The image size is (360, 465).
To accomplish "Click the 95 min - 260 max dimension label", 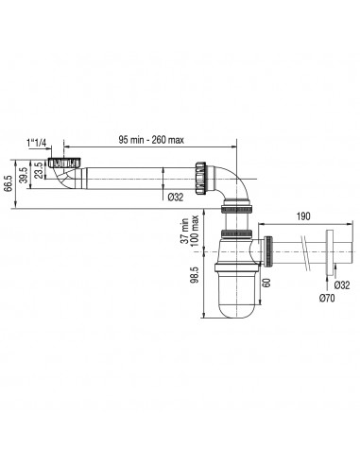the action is pyautogui.click(x=151, y=140).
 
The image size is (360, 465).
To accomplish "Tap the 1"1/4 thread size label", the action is pyautogui.click(x=36, y=143).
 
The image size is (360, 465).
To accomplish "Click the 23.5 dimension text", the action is pyautogui.click(x=39, y=170).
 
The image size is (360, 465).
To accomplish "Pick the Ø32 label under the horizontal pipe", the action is pyautogui.click(x=176, y=198).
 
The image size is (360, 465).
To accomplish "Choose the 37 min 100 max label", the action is pyautogui.click(x=190, y=229).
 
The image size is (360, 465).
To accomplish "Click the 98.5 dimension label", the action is pyautogui.click(x=195, y=274).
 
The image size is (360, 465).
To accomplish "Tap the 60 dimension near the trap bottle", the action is pyautogui.click(x=266, y=283).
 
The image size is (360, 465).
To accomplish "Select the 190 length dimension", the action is pyautogui.click(x=303, y=216).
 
